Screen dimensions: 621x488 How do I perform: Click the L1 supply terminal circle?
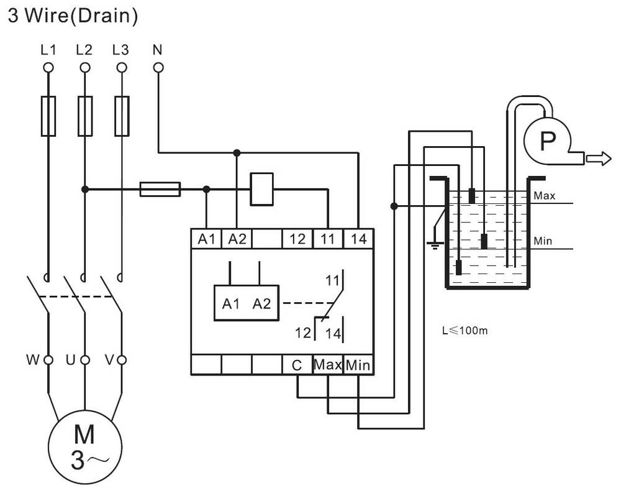(48, 68)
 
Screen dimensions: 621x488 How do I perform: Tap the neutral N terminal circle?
(158, 68)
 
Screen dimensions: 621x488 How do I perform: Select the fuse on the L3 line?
(122, 116)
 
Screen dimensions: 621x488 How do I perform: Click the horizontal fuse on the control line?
(160, 190)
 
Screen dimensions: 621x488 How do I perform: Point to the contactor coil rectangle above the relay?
(262, 189)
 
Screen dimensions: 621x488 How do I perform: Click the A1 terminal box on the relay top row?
(206, 239)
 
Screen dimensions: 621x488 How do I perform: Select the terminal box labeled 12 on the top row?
(297, 239)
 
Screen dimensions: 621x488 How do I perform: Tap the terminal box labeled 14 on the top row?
(358, 239)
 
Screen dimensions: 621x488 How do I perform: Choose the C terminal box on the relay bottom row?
(297, 365)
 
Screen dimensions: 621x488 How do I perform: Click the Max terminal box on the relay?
(328, 365)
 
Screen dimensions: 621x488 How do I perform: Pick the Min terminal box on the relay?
(358, 365)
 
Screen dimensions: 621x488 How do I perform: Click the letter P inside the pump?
(548, 140)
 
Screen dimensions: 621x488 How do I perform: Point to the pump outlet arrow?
(599, 159)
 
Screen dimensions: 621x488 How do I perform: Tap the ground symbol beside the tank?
(435, 244)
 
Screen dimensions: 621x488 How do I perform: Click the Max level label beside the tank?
(544, 195)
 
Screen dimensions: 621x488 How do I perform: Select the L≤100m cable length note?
(465, 330)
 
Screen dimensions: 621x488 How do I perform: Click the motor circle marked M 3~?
(84, 447)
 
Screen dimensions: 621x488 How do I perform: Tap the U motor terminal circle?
(84, 360)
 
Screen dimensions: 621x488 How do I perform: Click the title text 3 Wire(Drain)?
(73, 16)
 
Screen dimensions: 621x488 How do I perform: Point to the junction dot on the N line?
(237, 153)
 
